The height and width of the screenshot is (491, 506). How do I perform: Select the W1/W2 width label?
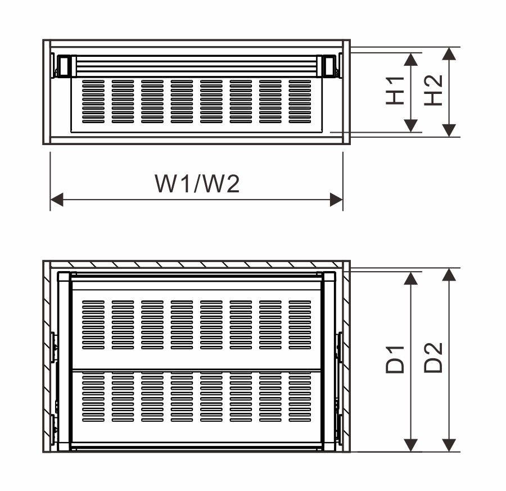coord(197,183)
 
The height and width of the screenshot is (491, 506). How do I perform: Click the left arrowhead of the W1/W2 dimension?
coord(57,199)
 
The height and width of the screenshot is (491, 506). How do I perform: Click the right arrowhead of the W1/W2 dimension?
coord(336,199)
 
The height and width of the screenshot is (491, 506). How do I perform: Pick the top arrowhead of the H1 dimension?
coord(412,60)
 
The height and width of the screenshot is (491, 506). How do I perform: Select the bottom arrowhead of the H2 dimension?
coord(449,130)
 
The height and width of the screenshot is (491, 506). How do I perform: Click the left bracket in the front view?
coord(63,66)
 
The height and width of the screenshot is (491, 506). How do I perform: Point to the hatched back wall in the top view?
coord(197,264)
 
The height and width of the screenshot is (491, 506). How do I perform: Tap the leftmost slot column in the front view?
coord(93,101)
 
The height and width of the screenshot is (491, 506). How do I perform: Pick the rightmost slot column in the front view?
coord(300,101)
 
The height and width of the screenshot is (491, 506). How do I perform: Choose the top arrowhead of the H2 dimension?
coord(449,54)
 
